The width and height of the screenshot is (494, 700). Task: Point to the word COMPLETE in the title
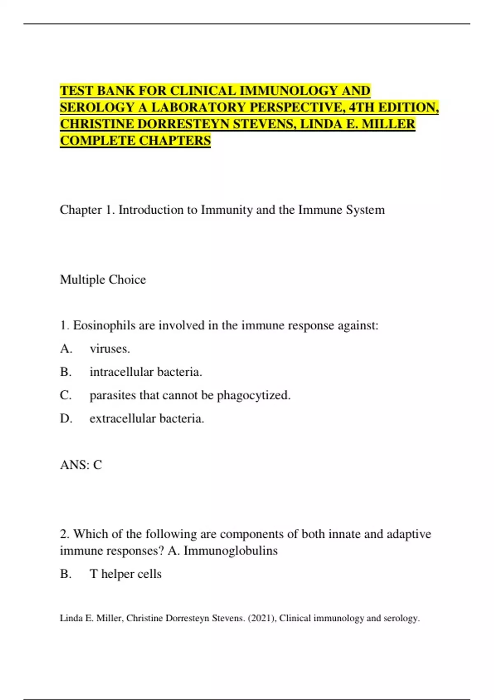tap(98, 141)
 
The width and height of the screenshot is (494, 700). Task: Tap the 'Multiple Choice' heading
tap(103, 280)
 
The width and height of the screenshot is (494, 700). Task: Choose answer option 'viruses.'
tap(110, 349)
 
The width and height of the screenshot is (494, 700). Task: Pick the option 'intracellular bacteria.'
tap(146, 372)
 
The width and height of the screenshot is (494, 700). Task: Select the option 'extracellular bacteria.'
tap(147, 419)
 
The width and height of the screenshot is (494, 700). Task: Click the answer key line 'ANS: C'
tap(81, 465)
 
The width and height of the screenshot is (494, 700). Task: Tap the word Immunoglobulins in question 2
tap(231, 551)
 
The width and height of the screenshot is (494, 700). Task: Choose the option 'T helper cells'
tap(126, 574)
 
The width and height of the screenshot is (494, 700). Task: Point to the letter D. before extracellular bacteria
tap(66, 419)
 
